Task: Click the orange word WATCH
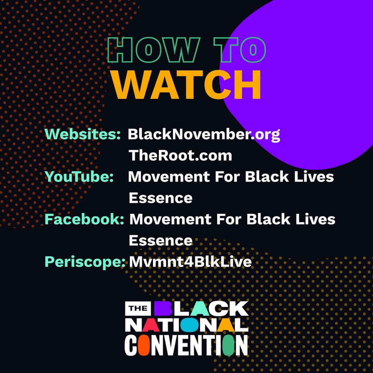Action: tap(186, 85)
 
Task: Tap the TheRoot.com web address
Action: tap(180, 156)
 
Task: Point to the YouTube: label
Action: tap(79, 177)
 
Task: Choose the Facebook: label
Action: tap(84, 219)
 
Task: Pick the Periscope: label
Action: tap(85, 262)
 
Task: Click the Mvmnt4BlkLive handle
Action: tap(190, 262)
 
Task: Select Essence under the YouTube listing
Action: tap(160, 198)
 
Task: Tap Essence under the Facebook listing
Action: tap(160, 240)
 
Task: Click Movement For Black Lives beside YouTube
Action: tap(231, 177)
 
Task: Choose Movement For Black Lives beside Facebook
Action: tap(232, 219)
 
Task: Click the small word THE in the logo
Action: tap(138, 309)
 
